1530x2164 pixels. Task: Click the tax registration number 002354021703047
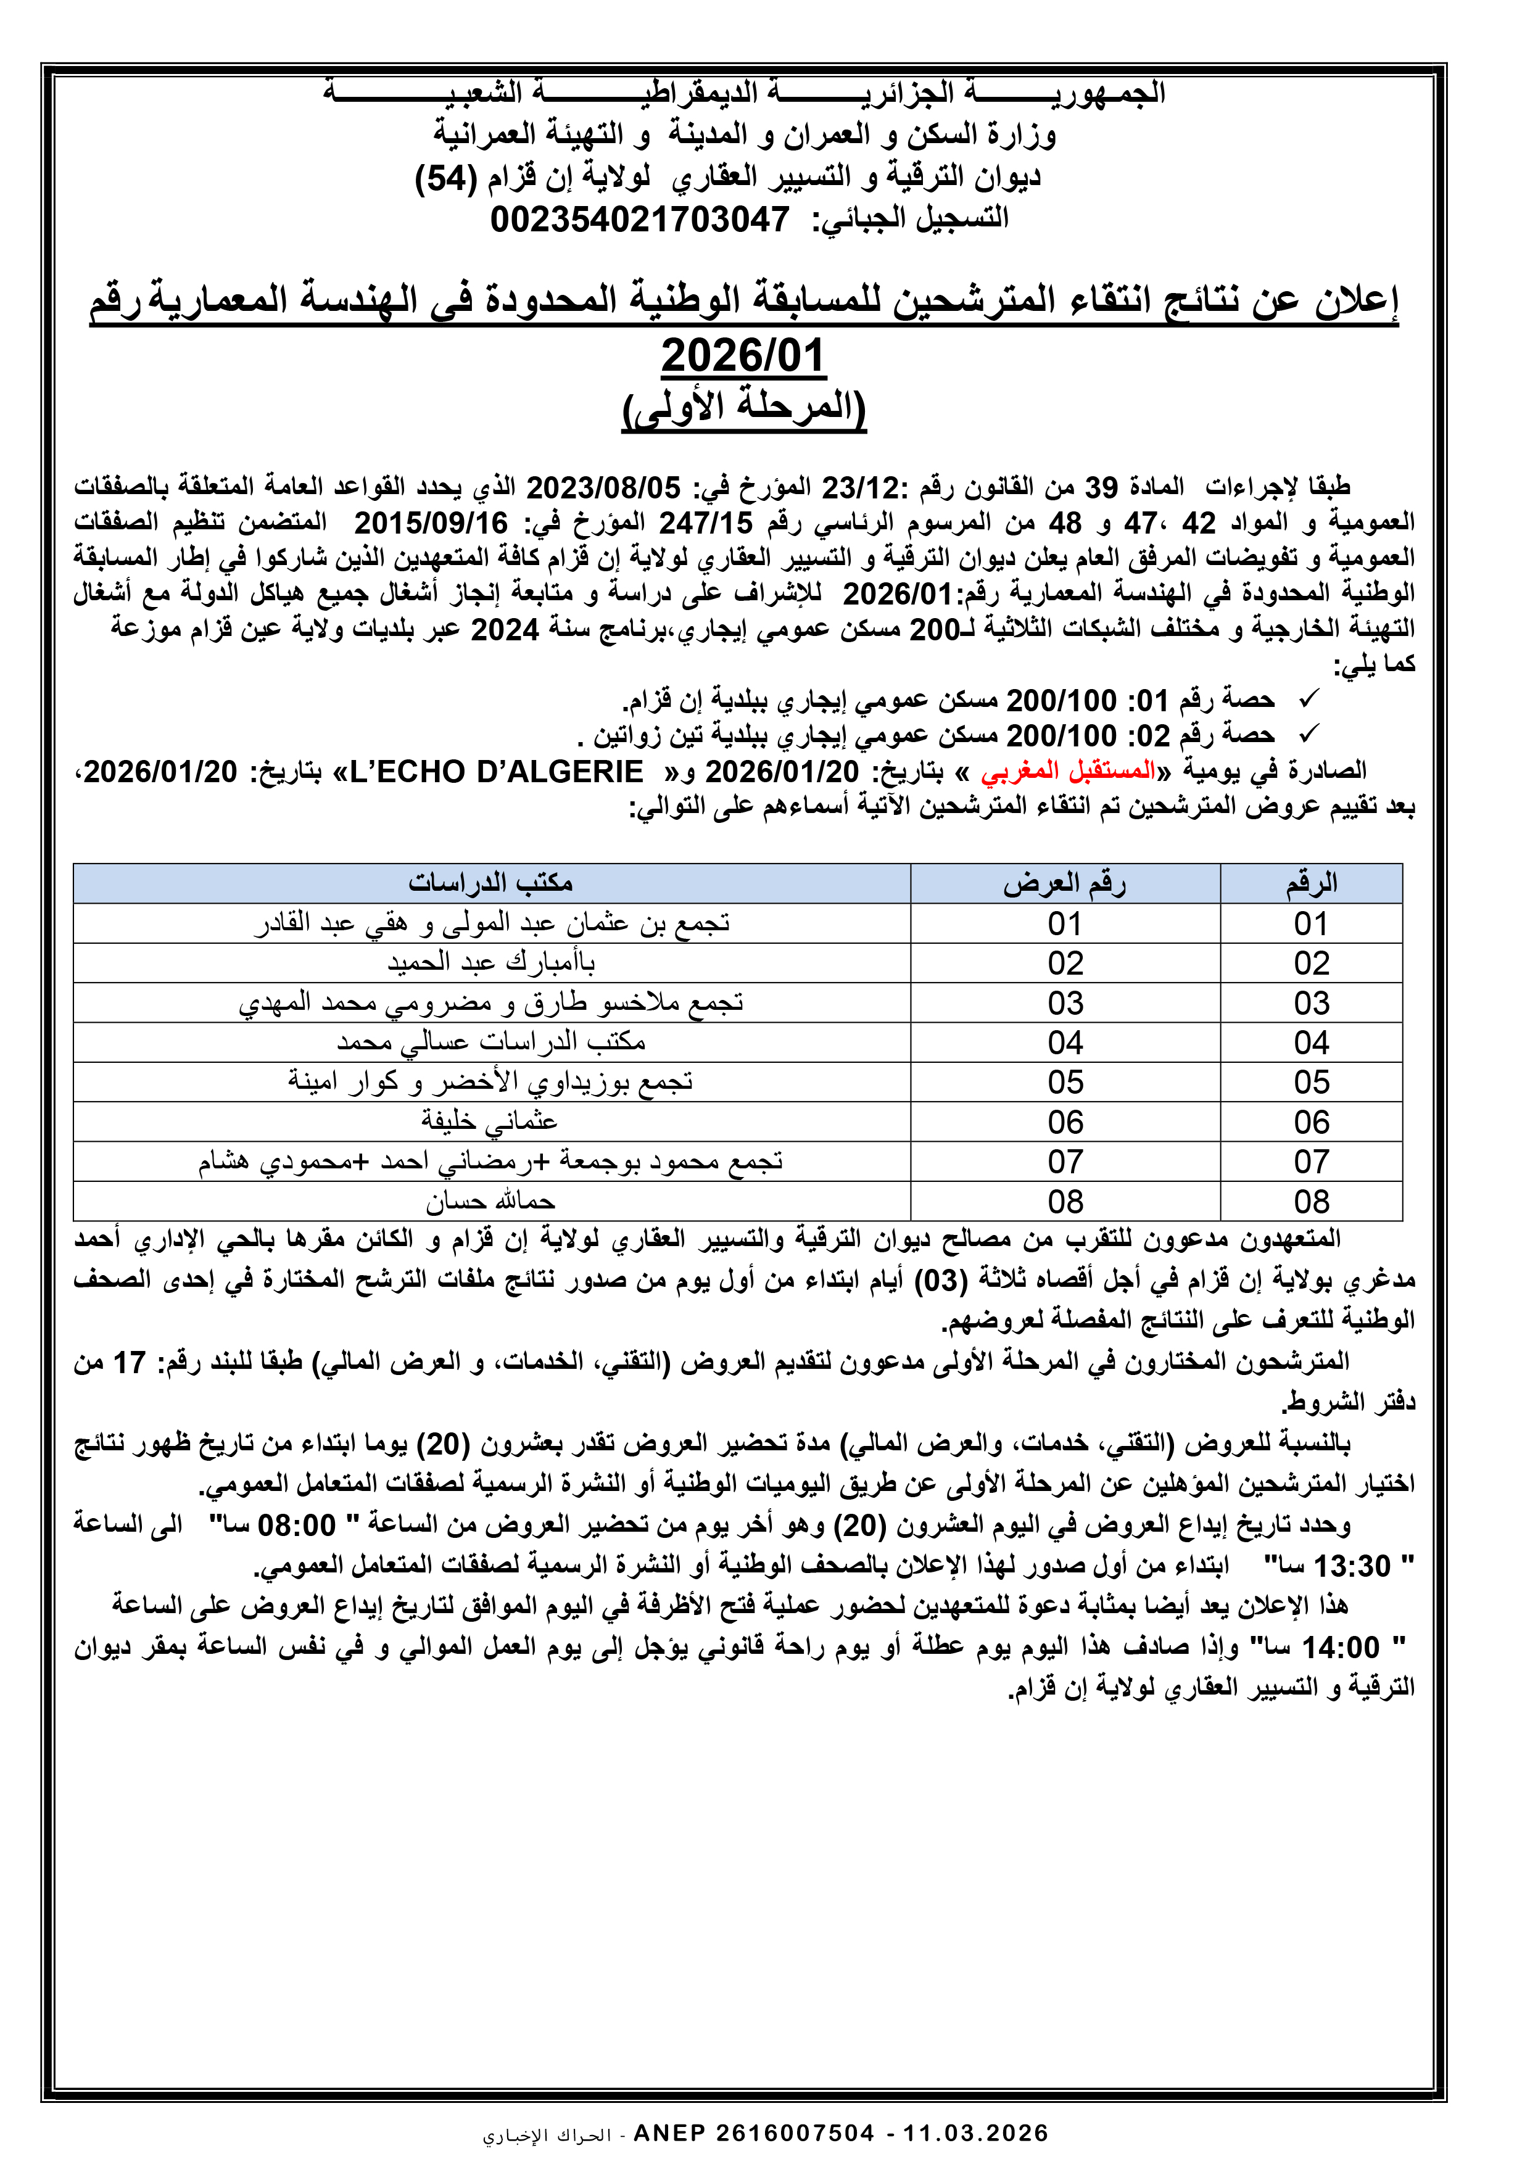tap(639, 220)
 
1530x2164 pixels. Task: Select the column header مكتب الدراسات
tap(490, 883)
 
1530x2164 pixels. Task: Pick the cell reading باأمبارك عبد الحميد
tap(491, 962)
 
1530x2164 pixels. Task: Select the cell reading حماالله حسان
tap(490, 1201)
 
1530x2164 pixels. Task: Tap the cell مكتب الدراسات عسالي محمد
tap(491, 1041)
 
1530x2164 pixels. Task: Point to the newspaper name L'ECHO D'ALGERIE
tap(496, 772)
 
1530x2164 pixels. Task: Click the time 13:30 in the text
tap(1352, 1566)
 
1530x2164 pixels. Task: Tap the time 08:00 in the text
tap(296, 1525)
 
